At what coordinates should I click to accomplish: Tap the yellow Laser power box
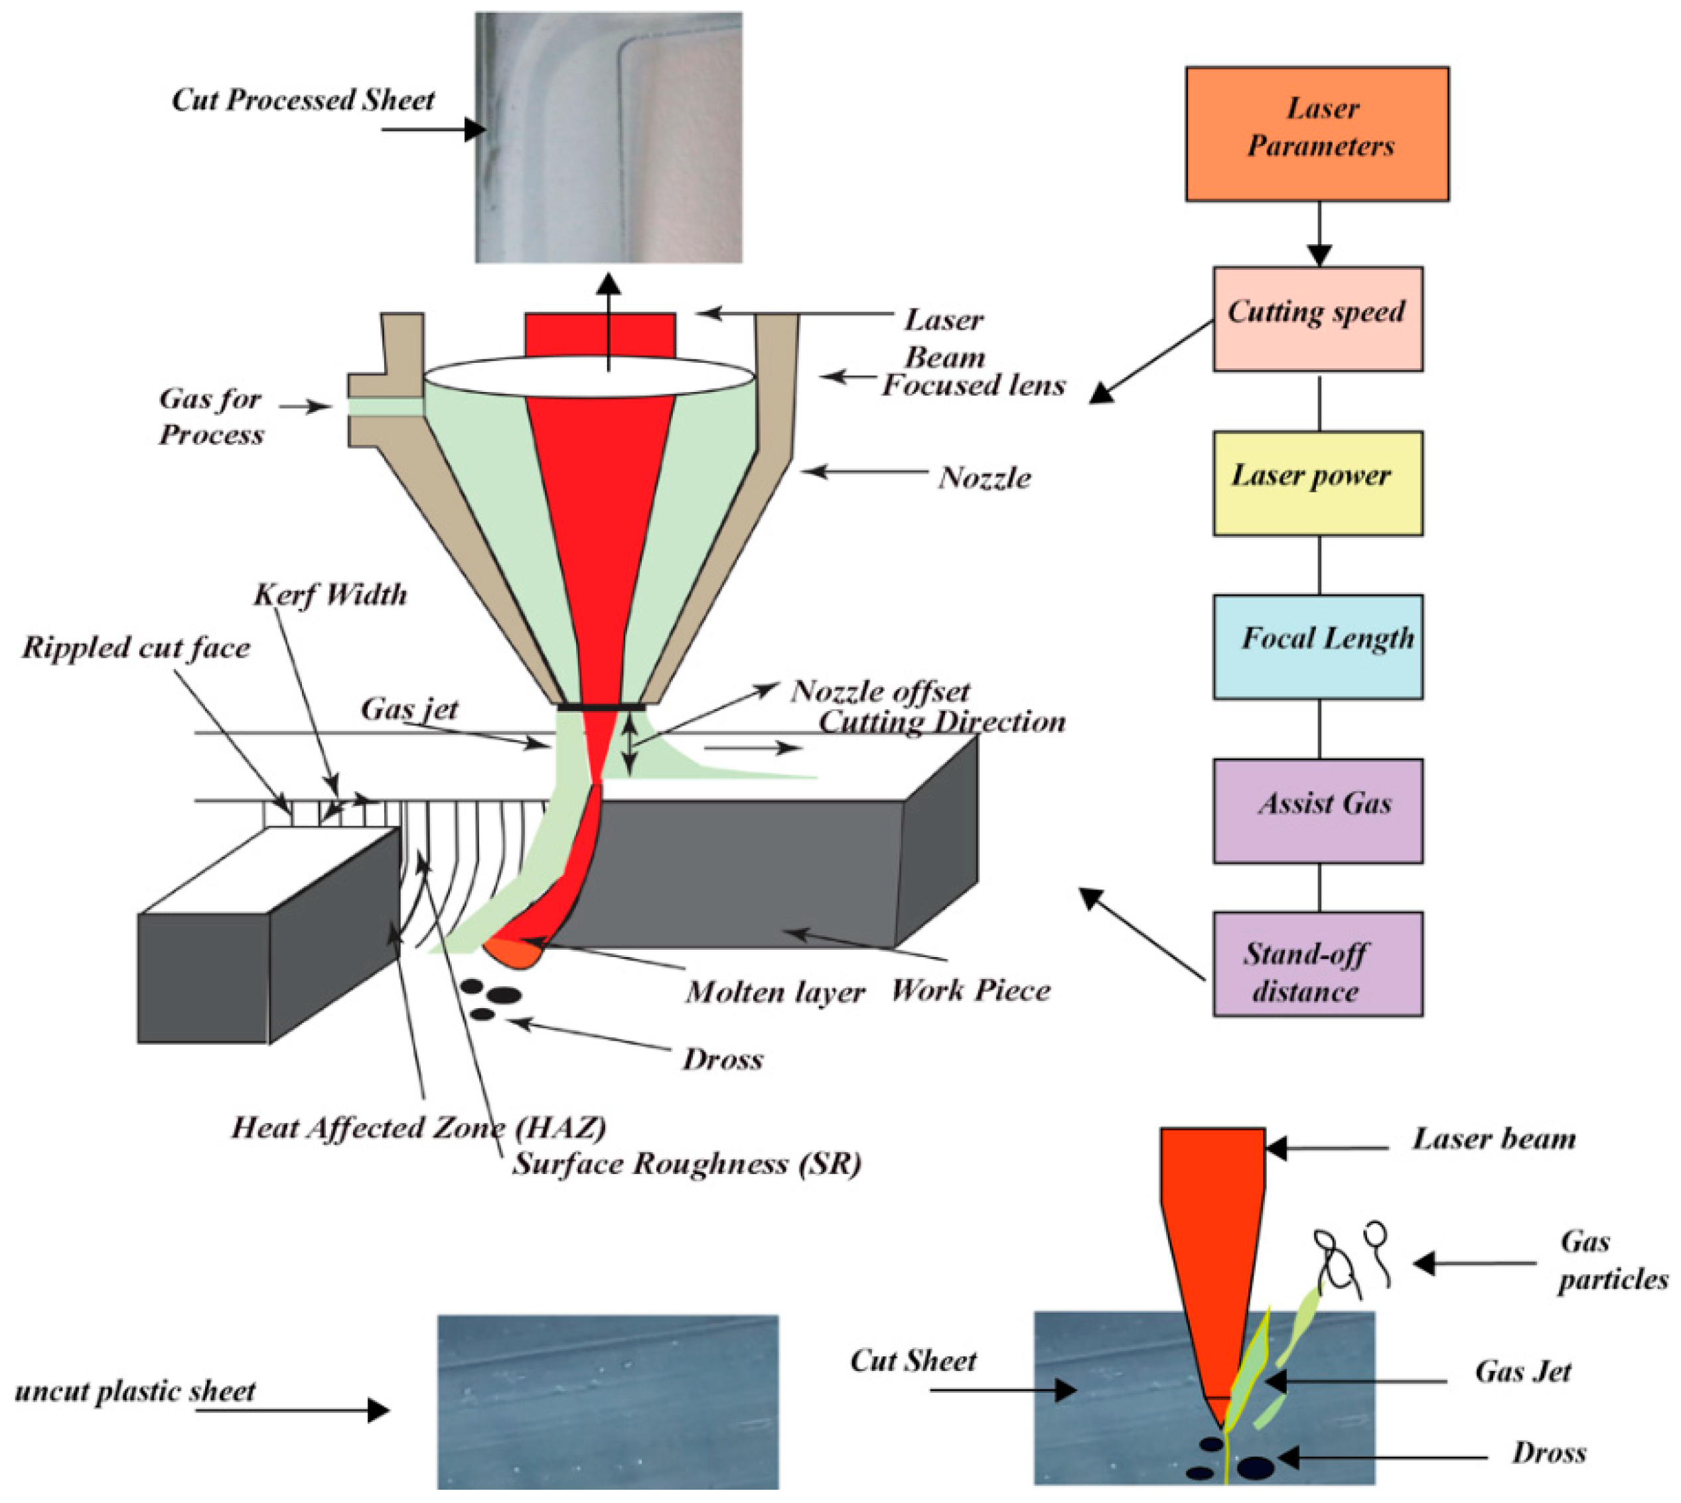point(1317,482)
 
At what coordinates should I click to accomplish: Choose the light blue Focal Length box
point(1317,647)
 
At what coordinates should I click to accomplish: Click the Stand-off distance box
point(1317,963)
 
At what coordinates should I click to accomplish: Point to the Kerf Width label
point(330,594)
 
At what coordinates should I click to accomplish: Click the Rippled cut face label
point(135,647)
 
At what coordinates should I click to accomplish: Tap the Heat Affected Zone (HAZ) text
point(418,1128)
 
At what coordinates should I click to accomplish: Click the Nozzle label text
point(984,478)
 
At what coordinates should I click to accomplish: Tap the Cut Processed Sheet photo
point(608,137)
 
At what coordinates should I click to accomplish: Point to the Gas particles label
point(1611,1261)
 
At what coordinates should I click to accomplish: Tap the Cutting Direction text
point(942,722)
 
